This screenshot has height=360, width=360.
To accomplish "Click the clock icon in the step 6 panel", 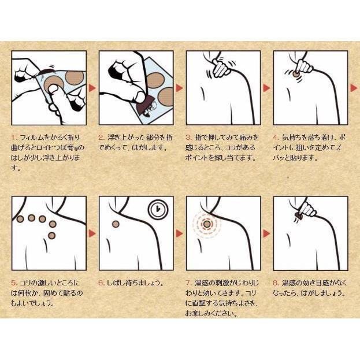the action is pyautogui.click(x=158, y=209).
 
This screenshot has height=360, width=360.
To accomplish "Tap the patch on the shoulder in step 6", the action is pyautogui.click(x=116, y=224).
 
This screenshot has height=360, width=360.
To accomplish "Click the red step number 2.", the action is pyautogui.click(x=101, y=138).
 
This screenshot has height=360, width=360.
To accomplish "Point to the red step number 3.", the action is pyautogui.click(x=188, y=138).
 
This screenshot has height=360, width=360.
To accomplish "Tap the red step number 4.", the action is pyautogui.click(x=276, y=138).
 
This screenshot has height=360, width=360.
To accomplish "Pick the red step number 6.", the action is pyautogui.click(x=101, y=283).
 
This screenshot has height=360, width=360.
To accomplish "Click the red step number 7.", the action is pyautogui.click(x=188, y=283).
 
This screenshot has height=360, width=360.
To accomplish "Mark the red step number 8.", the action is pyautogui.click(x=276, y=283).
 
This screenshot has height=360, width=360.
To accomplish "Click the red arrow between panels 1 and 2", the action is pyautogui.click(x=92, y=88).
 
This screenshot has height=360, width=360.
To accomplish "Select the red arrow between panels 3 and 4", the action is pyautogui.click(x=266, y=88).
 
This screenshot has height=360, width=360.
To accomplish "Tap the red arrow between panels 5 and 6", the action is pyautogui.click(x=92, y=233).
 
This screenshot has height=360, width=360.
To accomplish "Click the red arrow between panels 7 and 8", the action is pyautogui.click(x=266, y=233).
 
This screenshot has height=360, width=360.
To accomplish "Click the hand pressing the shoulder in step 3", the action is pyautogui.click(x=221, y=68).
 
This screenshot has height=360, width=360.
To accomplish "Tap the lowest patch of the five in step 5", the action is pyautogui.click(x=52, y=235).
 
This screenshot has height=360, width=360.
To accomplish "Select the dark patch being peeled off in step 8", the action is pyautogui.click(x=298, y=216).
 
